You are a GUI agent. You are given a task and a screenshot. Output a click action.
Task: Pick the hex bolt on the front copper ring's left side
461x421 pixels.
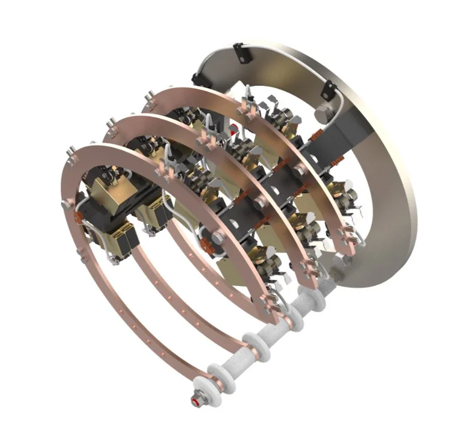coord(67,205)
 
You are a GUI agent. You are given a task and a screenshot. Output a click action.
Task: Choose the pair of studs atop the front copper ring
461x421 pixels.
coord(73,152)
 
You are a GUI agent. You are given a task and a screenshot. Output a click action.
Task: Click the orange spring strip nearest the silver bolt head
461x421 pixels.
coord(316,135)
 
